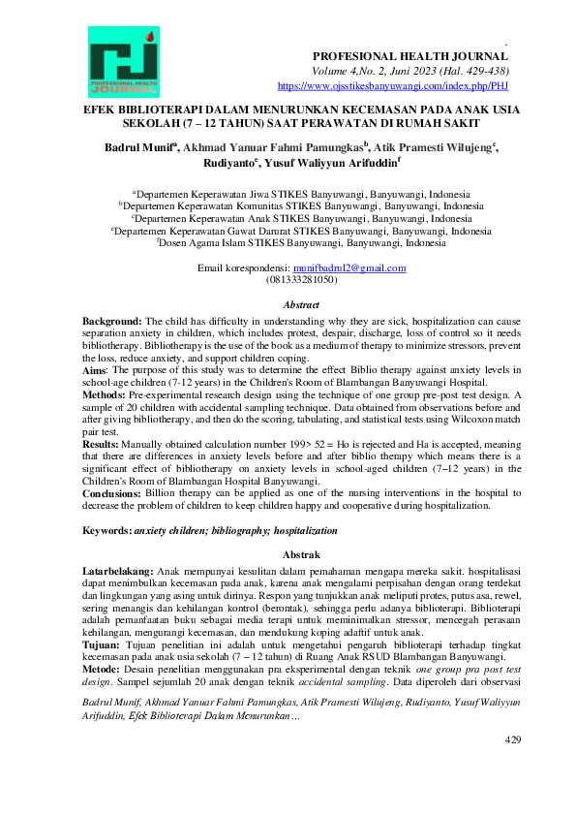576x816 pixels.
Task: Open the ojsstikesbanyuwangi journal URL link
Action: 393,85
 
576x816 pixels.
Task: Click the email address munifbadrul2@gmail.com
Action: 350,267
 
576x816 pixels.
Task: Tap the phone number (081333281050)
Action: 301,279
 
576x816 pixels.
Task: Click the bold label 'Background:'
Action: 111,320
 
